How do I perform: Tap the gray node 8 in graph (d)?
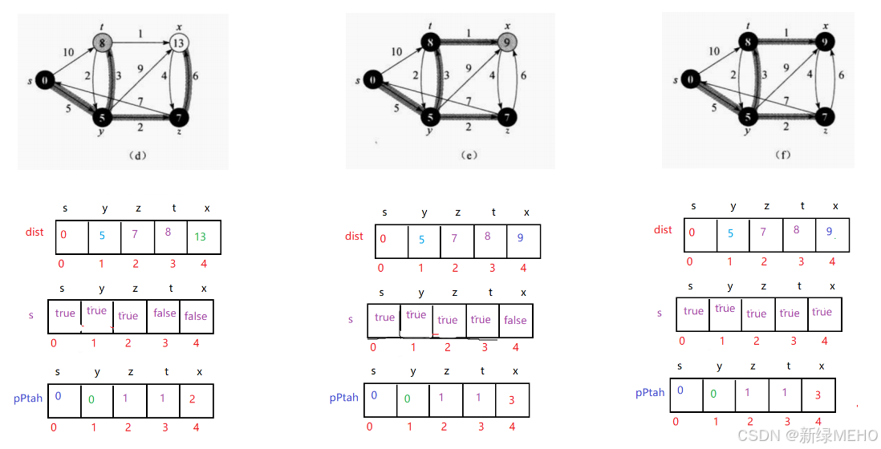click(x=102, y=42)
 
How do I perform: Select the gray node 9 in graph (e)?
click(x=506, y=41)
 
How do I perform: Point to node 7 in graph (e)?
click(x=506, y=118)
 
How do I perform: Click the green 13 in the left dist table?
click(x=200, y=237)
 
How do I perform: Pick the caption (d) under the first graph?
click(x=138, y=154)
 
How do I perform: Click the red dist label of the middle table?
click(x=354, y=236)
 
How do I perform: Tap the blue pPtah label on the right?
click(x=650, y=393)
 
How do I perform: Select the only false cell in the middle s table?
click(x=515, y=320)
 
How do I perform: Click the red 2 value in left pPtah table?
click(x=193, y=398)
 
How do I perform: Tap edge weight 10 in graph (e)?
click(x=396, y=51)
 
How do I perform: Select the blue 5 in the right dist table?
click(x=729, y=234)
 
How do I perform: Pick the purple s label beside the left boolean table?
click(x=31, y=315)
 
